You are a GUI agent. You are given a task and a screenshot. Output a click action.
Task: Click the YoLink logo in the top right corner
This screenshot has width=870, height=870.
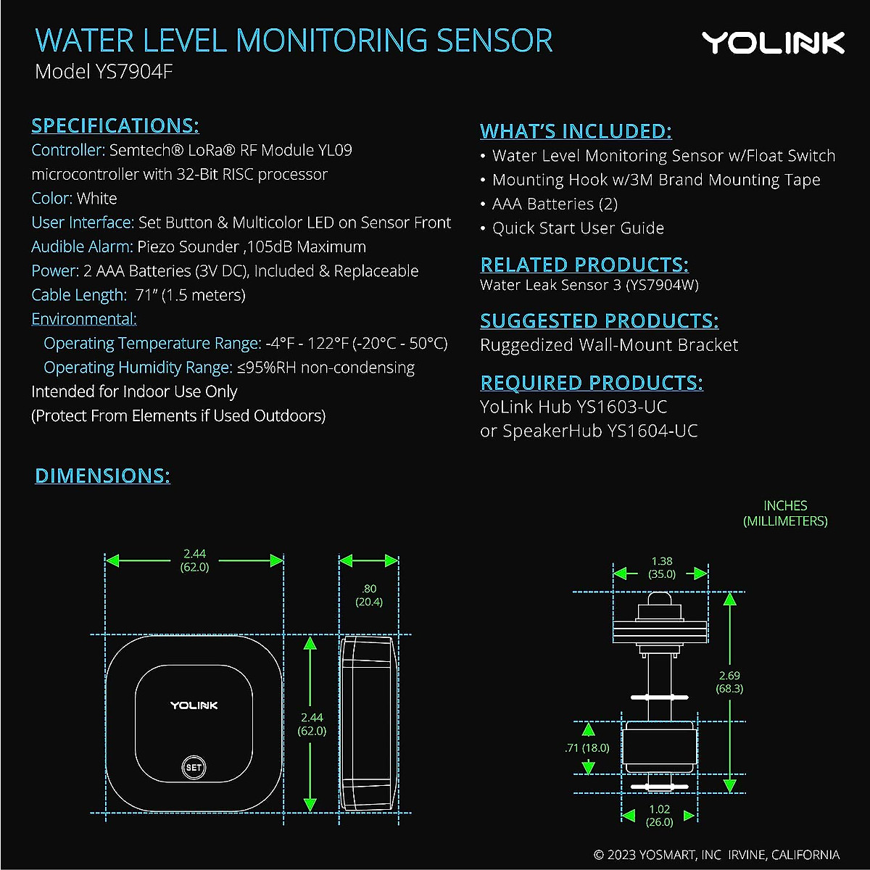[x=773, y=43]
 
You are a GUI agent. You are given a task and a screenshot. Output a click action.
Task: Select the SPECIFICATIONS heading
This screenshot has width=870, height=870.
[x=115, y=125]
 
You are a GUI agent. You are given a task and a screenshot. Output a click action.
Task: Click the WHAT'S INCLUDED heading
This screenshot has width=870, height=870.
[x=576, y=131]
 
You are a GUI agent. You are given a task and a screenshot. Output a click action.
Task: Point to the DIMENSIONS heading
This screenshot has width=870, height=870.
[x=102, y=476]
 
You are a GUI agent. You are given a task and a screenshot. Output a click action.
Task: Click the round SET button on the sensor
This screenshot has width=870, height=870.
[x=194, y=767]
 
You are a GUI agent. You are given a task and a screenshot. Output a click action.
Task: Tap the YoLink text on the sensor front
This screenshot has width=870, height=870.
[x=194, y=705]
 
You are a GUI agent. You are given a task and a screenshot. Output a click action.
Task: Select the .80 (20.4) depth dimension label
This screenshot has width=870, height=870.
[x=369, y=595]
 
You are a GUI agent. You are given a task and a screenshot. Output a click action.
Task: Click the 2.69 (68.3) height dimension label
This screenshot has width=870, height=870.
[x=729, y=682]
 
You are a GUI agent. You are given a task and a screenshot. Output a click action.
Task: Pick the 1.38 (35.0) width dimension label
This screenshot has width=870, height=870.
[x=661, y=567]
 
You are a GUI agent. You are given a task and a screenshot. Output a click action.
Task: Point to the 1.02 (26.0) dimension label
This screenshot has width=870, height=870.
[x=659, y=815]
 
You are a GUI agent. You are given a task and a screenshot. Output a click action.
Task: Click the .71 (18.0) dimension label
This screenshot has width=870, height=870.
[x=587, y=747]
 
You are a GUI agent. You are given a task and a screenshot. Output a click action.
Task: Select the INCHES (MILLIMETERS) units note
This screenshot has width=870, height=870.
[x=784, y=513]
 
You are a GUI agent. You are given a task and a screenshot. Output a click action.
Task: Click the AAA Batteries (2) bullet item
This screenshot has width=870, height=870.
[x=555, y=204]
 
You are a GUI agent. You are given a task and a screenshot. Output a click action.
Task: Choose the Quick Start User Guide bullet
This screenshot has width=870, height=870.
[x=578, y=228]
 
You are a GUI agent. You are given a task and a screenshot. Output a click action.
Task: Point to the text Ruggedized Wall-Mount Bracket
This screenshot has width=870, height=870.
[x=609, y=345]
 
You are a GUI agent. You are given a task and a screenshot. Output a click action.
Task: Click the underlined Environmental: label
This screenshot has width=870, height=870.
[x=84, y=319]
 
